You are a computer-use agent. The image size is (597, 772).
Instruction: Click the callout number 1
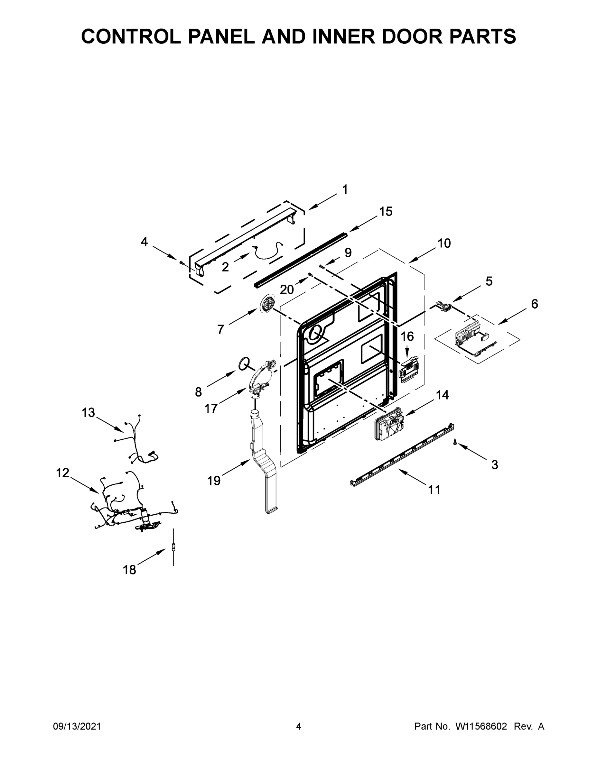click(345, 189)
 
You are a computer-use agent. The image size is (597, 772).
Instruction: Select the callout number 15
click(386, 211)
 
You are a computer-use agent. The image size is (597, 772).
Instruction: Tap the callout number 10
click(444, 243)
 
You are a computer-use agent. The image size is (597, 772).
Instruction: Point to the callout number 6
click(534, 304)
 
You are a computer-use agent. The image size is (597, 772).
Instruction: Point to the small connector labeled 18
click(173, 547)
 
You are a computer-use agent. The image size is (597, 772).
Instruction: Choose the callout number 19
click(214, 481)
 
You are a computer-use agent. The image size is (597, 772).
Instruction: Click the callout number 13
click(89, 412)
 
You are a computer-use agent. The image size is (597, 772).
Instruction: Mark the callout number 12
click(63, 473)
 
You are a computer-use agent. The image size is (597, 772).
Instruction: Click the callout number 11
click(434, 490)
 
